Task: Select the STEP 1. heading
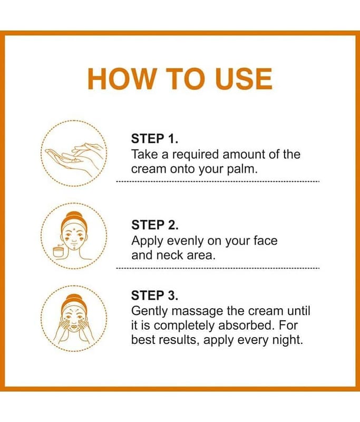pyautogui.click(x=154, y=139)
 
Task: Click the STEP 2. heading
pyautogui.click(x=154, y=225)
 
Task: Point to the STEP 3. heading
pyautogui.click(x=154, y=295)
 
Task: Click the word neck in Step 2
pyautogui.click(x=169, y=255)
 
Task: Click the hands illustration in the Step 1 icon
pyautogui.click(x=74, y=157)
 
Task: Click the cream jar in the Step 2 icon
pyautogui.click(x=59, y=252)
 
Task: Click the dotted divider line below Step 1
pyautogui.click(x=218, y=181)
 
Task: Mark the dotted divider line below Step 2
pyautogui.click(x=218, y=268)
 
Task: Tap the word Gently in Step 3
pyautogui.click(x=150, y=312)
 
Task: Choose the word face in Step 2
pyautogui.click(x=265, y=241)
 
